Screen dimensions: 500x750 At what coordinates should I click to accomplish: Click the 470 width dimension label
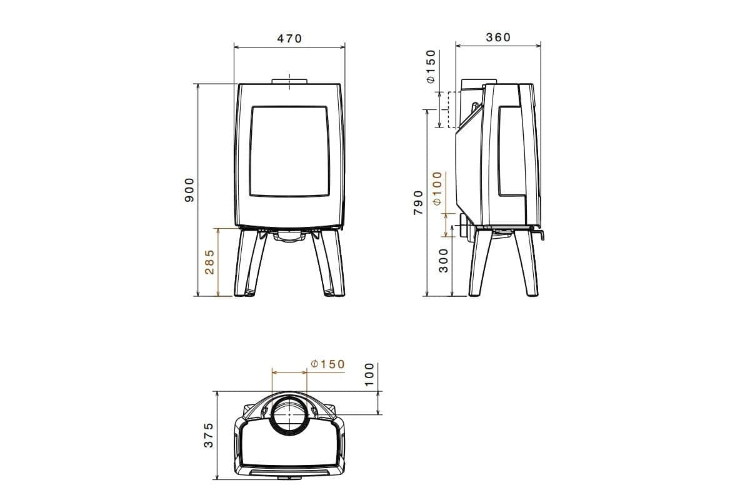pos(289,39)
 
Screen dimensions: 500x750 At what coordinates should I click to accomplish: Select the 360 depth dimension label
pos(498,37)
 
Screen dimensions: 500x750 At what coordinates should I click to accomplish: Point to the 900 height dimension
pos(190,189)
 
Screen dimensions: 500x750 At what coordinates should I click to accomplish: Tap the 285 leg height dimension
pos(210,262)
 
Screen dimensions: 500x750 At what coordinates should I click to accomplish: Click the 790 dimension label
pos(418,202)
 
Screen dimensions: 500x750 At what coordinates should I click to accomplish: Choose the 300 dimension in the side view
pos(443,259)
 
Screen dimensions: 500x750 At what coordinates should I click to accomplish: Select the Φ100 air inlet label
pos(437,188)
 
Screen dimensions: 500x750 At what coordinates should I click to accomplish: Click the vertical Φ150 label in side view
pos(431,67)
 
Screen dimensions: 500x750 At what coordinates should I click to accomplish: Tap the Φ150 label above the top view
pos(327,364)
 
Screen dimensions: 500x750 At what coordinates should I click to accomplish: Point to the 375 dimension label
pos(209,435)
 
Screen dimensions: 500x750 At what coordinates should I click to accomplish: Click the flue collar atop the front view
pos(289,81)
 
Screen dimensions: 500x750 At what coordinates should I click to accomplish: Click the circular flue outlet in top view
pos(290,414)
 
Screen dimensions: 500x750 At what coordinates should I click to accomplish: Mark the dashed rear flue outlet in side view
pos(450,110)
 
